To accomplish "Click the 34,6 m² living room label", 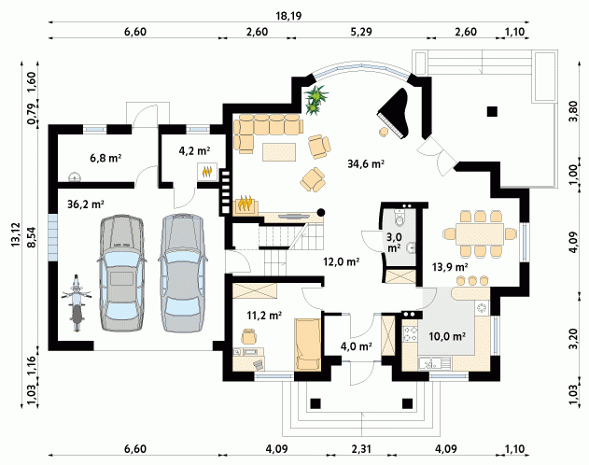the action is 366,163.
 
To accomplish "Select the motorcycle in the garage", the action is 77,303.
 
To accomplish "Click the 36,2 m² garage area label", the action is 86,204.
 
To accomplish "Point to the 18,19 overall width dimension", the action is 288,16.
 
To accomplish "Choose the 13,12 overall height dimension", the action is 16,234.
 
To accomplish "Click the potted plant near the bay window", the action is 316,100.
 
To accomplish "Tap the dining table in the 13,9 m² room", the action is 480,234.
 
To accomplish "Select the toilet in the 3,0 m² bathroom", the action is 400,218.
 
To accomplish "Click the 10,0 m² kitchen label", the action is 447,336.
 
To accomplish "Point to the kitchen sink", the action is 435,363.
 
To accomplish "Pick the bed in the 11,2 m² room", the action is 308,345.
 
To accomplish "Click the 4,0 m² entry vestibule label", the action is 356,346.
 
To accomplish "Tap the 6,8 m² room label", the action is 105,158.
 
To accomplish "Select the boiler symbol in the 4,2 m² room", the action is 207,172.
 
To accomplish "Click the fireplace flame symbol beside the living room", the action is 246,205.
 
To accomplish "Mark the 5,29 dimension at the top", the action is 361,32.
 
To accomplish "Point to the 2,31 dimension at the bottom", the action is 361,449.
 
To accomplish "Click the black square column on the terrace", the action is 492,111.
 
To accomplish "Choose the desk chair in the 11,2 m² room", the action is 248,336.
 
